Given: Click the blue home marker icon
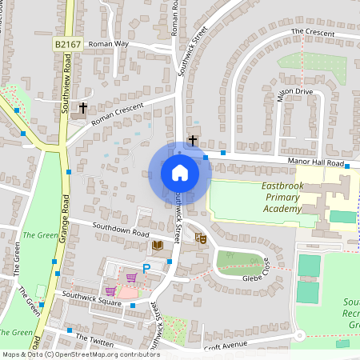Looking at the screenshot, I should point(180,173).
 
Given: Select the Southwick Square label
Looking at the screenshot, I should point(92,301).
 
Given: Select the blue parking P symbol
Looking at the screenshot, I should point(146,267).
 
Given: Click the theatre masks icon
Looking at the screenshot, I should point(201,238).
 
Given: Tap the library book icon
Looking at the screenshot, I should point(158,244).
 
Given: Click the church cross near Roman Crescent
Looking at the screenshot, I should point(82,107).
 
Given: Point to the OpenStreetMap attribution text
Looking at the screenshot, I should point(81,354).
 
